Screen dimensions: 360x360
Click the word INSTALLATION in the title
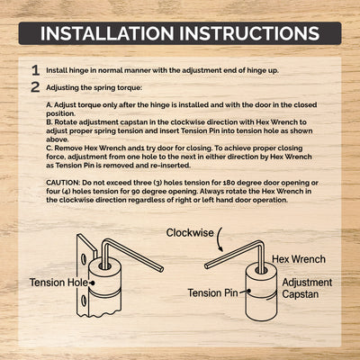pos(107,33)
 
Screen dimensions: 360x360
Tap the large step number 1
pos(36,70)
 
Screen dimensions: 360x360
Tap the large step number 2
pos(35,87)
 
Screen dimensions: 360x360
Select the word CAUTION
pos(62,183)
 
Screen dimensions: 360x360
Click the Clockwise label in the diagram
pos(190,233)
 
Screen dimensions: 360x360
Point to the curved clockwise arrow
pos(220,239)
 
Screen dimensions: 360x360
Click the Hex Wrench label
pos(299,259)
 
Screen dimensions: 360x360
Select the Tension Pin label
pos(212,292)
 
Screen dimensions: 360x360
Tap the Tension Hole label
pos(58,283)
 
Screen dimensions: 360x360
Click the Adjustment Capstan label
pos(307,288)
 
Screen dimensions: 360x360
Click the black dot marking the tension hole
pos(93,283)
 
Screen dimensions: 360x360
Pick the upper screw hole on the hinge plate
pos(84,258)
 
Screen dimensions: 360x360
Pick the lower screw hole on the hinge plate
pos(84,299)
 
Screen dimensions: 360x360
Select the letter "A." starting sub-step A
pos(49,105)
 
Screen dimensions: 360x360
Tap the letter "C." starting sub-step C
pos(49,148)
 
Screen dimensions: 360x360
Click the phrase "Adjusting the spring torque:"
pos(94,88)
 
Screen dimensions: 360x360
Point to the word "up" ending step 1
pos(273,71)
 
